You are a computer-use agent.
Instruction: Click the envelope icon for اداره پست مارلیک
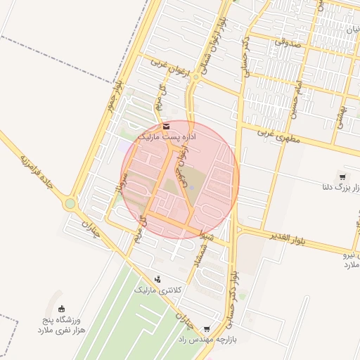pos(166,126)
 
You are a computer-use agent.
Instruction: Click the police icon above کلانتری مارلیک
pos(157,278)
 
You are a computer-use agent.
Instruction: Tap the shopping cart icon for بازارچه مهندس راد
pos(206,328)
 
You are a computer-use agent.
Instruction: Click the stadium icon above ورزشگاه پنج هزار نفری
pos(61,308)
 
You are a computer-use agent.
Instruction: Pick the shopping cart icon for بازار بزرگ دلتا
pos(342,177)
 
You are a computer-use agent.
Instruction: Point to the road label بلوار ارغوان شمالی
pos(216,39)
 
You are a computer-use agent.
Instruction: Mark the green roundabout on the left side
pos(70,205)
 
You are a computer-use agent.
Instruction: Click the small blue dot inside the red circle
pos(190,188)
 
